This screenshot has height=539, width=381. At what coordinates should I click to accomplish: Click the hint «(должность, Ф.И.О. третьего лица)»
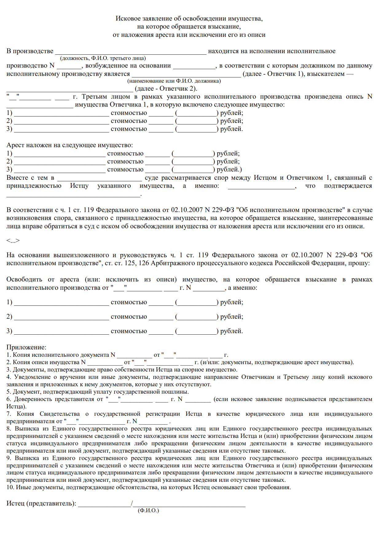pyautogui.click(x=103, y=58)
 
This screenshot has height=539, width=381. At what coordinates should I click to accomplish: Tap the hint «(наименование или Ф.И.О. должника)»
pyautogui.click(x=174, y=81)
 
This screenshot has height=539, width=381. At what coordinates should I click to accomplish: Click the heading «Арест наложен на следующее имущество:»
pyautogui.click(x=70, y=145)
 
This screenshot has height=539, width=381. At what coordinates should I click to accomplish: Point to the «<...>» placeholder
pyautogui.click(x=13, y=241)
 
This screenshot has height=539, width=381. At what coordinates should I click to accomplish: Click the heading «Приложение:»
pyautogui.click(x=26, y=347)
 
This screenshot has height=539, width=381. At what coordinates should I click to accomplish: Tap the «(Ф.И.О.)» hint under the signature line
pyautogui.click(x=148, y=510)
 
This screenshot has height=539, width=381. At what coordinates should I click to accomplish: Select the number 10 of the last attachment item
pyautogui.click(x=10, y=487)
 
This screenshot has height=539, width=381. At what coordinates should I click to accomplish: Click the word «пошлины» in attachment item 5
pyautogui.click(x=178, y=392)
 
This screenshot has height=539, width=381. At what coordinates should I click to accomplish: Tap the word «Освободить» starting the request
pyautogui.click(x=24, y=280)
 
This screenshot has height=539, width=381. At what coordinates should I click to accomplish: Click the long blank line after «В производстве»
pyautogui.click(x=131, y=52)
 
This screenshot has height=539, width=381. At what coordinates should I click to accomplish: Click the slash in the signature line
pyautogui.click(x=132, y=503)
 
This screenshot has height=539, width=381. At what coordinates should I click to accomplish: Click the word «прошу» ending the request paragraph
pyautogui.click(x=362, y=263)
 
